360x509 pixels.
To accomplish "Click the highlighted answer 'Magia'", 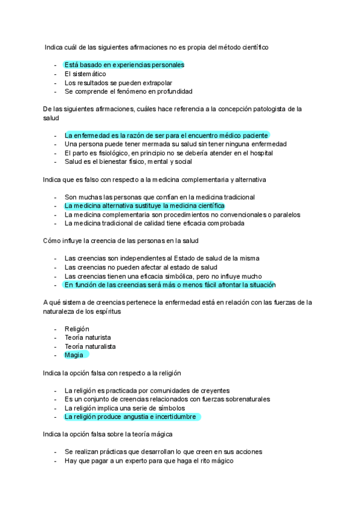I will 75,355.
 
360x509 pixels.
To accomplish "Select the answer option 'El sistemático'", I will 85,74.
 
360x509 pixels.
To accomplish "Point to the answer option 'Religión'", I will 77,329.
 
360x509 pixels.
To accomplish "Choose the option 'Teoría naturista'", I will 87,337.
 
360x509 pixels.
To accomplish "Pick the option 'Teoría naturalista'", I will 90,346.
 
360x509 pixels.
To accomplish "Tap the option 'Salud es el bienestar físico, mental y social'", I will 128,161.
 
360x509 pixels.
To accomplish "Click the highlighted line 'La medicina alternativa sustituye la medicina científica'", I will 144,205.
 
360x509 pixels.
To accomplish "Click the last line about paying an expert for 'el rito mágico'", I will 148,460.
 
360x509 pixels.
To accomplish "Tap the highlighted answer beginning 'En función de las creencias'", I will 170,285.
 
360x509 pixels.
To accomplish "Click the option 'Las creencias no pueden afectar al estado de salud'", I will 140,267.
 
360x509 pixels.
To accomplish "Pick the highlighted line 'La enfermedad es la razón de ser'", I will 166,135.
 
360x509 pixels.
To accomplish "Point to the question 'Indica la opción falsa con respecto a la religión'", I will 121,373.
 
